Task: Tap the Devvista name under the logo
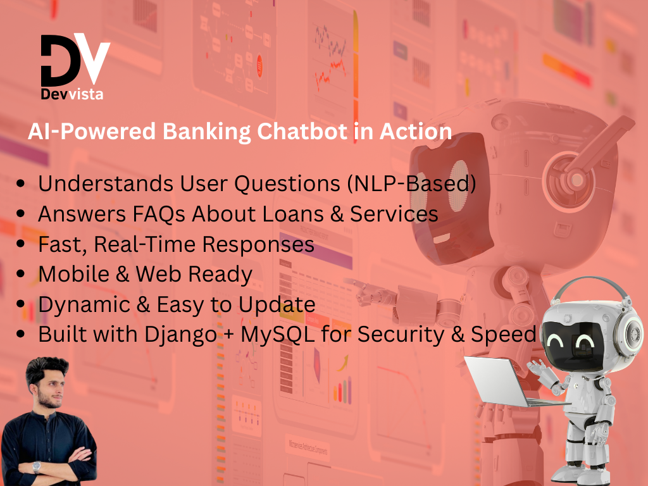(x=72, y=94)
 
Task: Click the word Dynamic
(x=84, y=305)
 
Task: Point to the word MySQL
(x=278, y=334)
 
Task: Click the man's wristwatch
(x=36, y=467)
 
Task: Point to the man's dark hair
(x=46, y=369)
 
